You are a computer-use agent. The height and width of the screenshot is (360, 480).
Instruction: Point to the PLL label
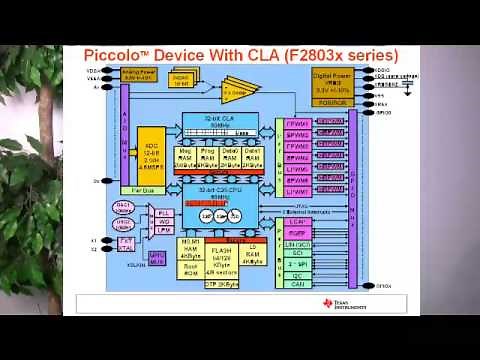[137, 213]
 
